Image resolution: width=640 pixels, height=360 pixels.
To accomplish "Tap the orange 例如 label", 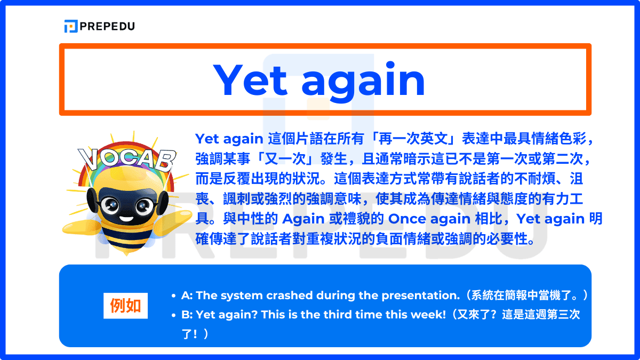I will click(x=125, y=306).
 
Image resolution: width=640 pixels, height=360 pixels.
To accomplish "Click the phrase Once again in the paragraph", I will click(x=423, y=219).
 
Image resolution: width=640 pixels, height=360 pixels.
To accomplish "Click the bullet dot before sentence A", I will click(x=174, y=295).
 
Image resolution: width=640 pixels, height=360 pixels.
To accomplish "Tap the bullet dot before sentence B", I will click(x=174, y=315).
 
